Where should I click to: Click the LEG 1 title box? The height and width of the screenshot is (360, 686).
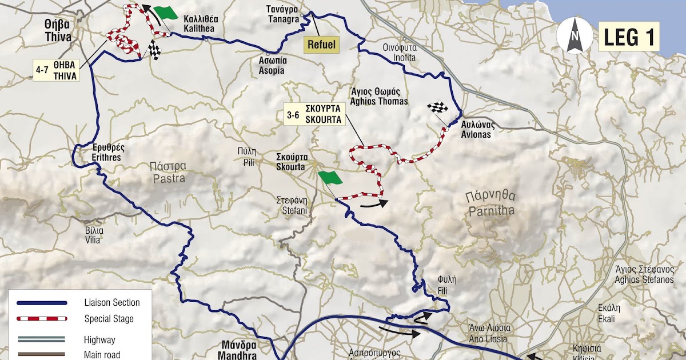628,37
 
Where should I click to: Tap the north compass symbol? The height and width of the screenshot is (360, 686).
573,35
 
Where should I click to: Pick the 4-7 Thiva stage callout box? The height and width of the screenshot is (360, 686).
55,71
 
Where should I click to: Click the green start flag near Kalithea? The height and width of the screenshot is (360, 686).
166,13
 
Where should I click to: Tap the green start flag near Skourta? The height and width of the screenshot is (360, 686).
330,178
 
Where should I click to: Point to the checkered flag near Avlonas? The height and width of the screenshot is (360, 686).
438,107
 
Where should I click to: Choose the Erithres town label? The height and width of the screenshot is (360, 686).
108,150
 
